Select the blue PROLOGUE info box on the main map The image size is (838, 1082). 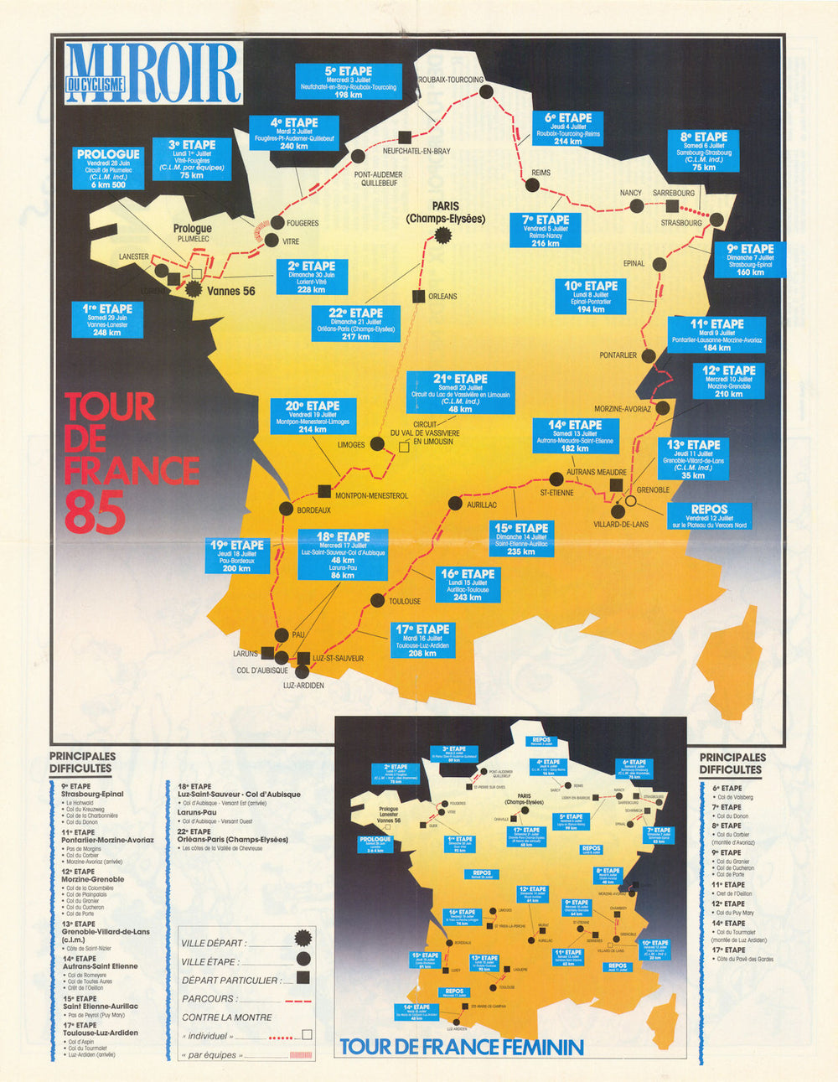click(108, 168)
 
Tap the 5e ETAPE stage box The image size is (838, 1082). click(348, 82)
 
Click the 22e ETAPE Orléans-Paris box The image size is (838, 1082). click(355, 324)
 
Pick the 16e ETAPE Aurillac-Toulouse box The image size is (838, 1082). click(467, 584)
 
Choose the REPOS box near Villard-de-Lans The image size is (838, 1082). click(709, 516)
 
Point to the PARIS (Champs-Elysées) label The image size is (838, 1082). click(445, 213)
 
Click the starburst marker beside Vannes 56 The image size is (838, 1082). click(195, 289)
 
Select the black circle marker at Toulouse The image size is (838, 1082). click(376, 600)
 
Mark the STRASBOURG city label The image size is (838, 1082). click(680, 223)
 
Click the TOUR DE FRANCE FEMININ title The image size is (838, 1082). click(461, 1047)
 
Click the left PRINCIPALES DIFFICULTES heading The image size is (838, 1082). click(82, 762)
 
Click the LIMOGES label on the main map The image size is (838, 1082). click(350, 445)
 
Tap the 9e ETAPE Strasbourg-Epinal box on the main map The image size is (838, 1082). click(750, 260)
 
